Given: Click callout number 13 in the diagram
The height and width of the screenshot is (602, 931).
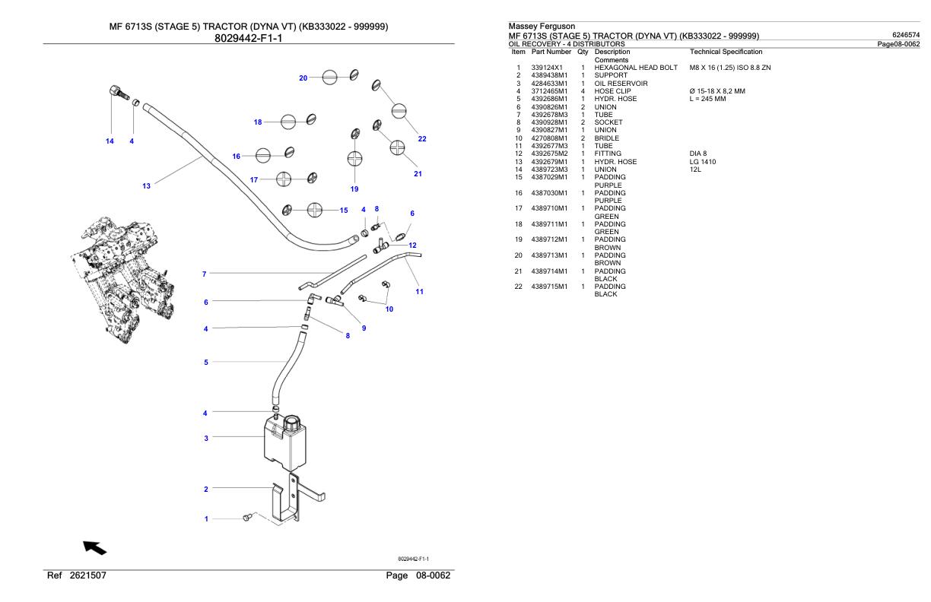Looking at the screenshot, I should [147, 185].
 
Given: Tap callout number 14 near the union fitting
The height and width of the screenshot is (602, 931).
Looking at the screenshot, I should [110, 141].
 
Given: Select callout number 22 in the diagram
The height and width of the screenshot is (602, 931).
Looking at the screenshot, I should [422, 138].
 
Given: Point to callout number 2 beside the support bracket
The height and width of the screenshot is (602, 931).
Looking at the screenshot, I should [205, 490].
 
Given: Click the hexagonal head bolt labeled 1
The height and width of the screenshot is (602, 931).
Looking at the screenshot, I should [246, 518].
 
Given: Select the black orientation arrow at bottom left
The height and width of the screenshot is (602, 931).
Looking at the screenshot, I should [95, 547].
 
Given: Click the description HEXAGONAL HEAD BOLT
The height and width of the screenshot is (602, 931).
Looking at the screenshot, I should [636, 68].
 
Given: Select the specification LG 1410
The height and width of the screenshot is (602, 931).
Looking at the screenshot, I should [704, 162].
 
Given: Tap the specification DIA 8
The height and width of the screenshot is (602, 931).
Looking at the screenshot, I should [698, 154].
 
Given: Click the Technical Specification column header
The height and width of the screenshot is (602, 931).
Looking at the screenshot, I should [725, 52].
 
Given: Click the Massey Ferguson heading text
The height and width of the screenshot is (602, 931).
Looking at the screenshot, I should [542, 27].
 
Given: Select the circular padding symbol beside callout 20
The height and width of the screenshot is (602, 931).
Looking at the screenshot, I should [328, 78].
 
